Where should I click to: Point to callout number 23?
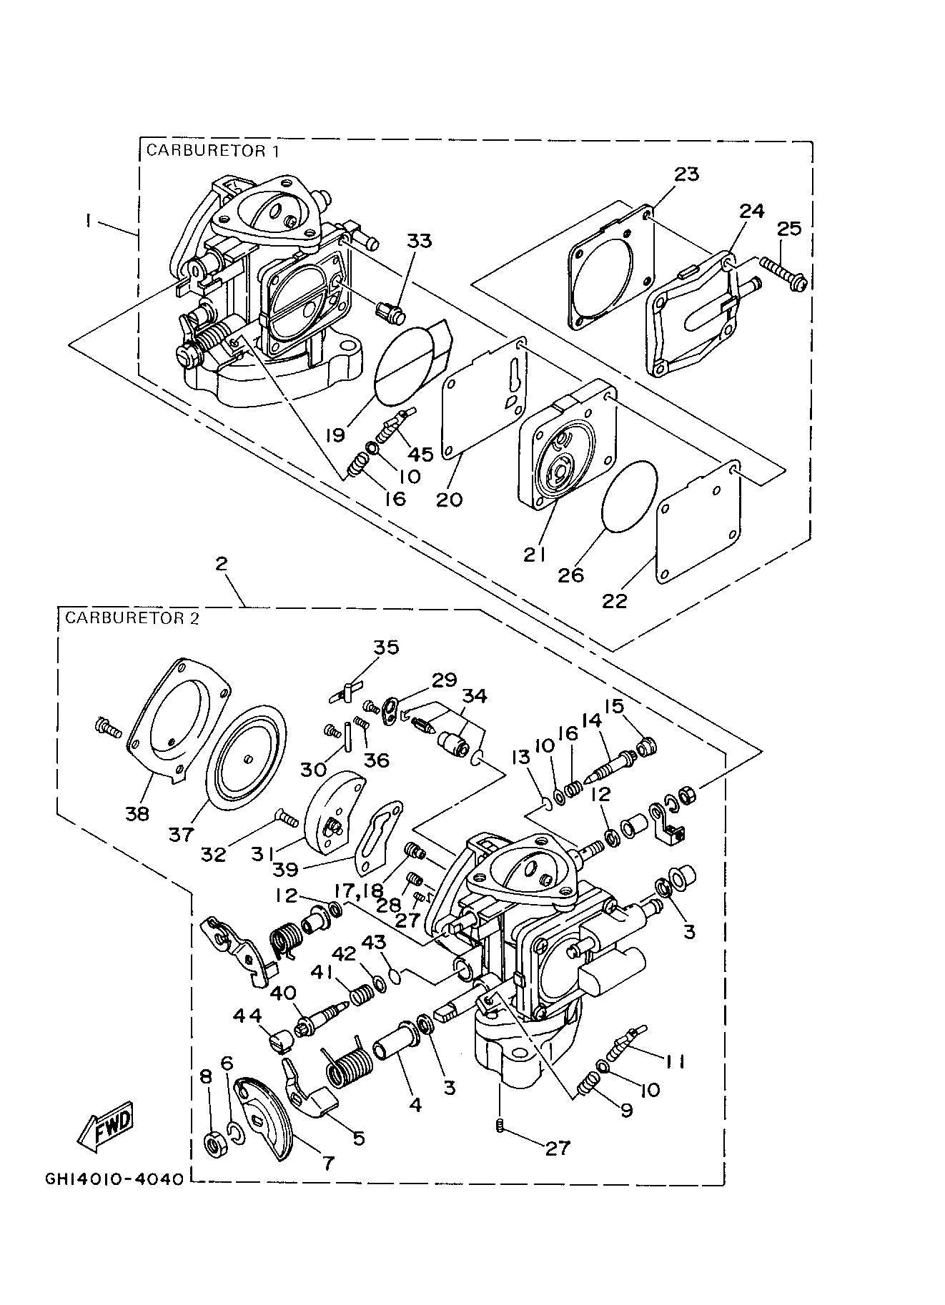tap(686, 174)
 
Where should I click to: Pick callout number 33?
tap(420, 241)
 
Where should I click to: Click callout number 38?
tap(137, 813)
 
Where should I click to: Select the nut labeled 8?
tap(212, 1144)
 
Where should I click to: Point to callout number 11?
tap(673, 1063)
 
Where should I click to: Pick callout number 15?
tap(613, 707)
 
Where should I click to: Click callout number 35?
tap(387, 647)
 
